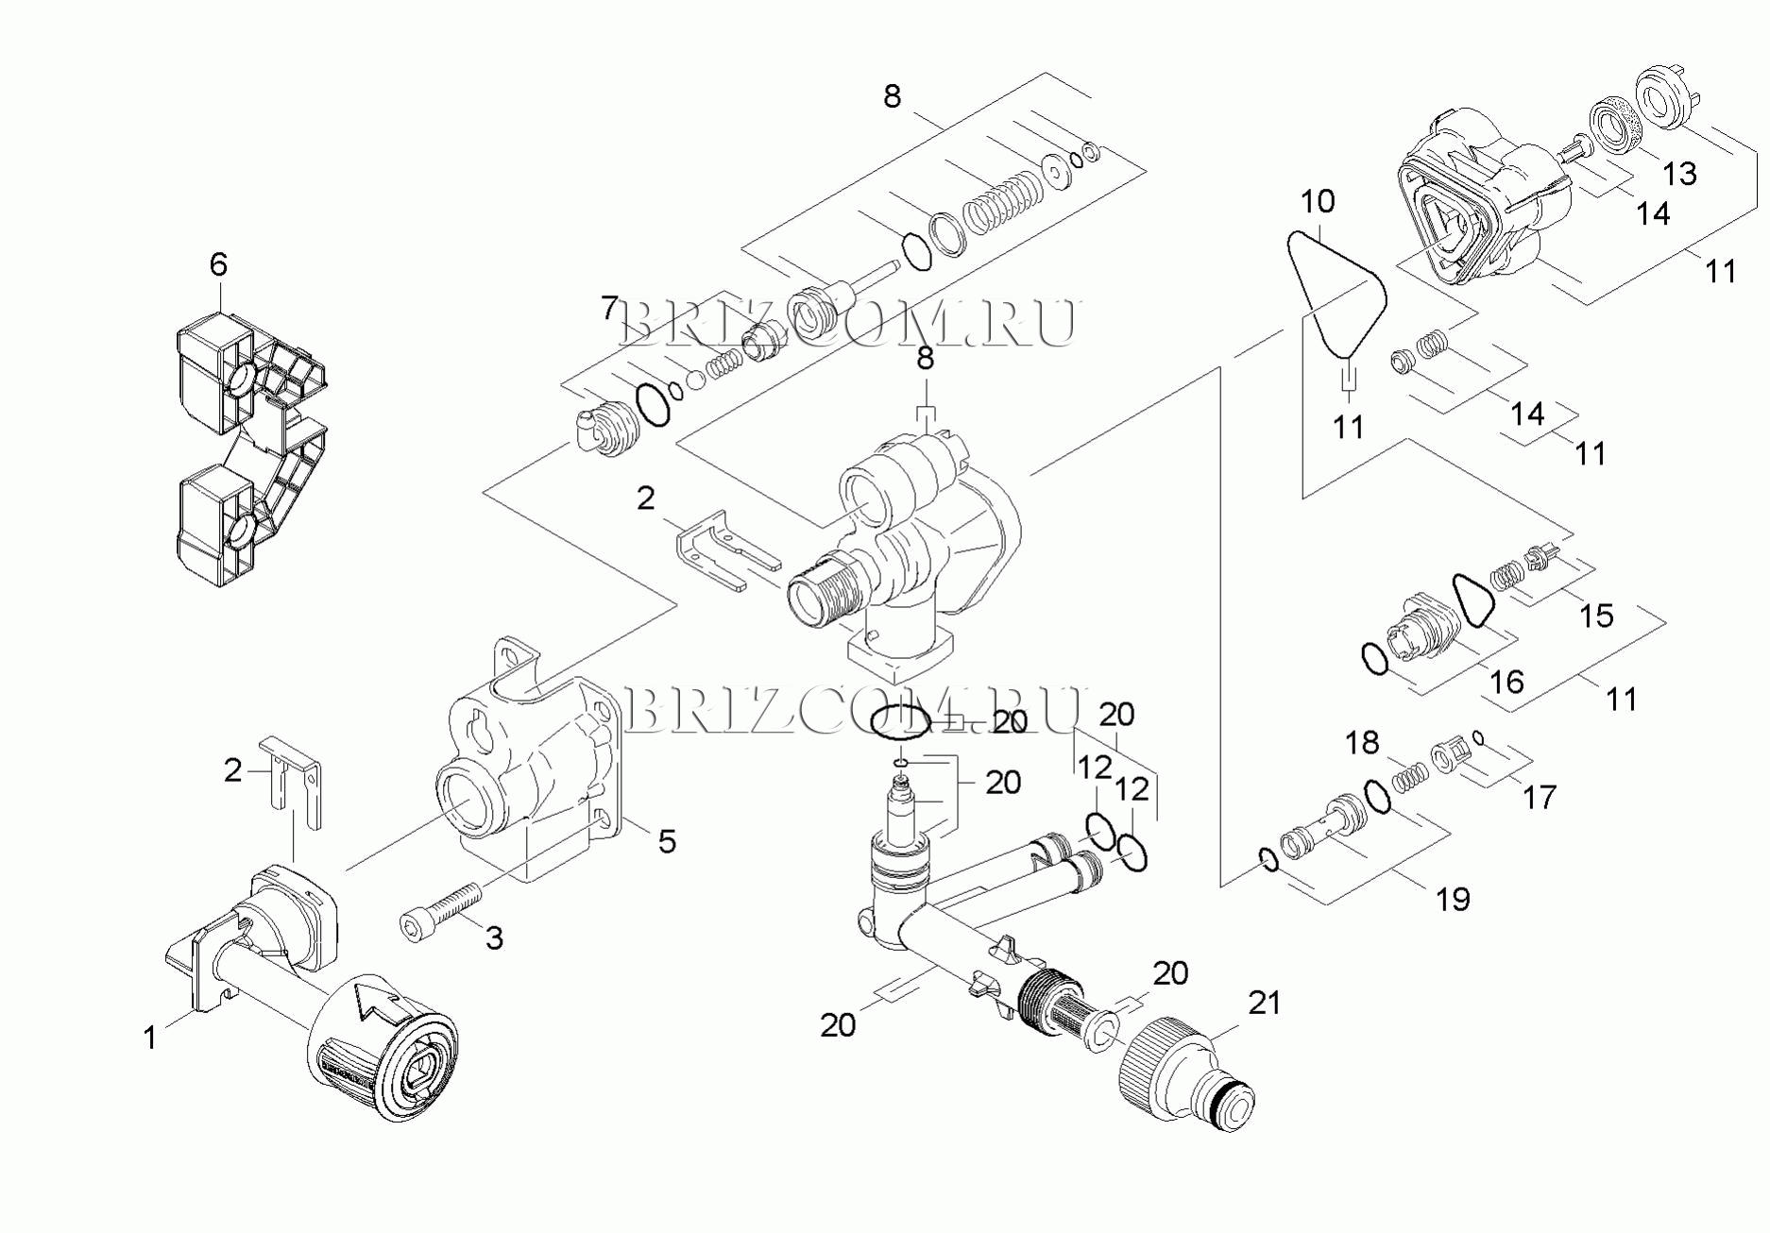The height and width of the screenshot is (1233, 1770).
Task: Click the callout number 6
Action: (218, 264)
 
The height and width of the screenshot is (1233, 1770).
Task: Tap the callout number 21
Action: (1265, 1003)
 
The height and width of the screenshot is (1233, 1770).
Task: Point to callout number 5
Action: (667, 841)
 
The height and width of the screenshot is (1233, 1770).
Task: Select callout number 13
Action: (1680, 174)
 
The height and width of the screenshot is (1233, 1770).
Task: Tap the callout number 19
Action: (1454, 899)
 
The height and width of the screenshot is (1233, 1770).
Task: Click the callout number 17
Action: (1540, 798)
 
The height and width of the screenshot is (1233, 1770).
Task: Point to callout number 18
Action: (1362, 743)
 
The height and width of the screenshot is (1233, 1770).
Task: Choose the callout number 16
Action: (1507, 681)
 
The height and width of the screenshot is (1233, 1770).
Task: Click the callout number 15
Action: (1597, 616)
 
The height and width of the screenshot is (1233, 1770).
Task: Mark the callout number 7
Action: (610, 308)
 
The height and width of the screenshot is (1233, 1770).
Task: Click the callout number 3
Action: (494, 937)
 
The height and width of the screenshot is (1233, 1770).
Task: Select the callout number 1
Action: (149, 1038)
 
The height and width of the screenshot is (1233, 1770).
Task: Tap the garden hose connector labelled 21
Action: (1185, 1072)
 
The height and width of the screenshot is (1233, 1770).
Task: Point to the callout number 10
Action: (1318, 201)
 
